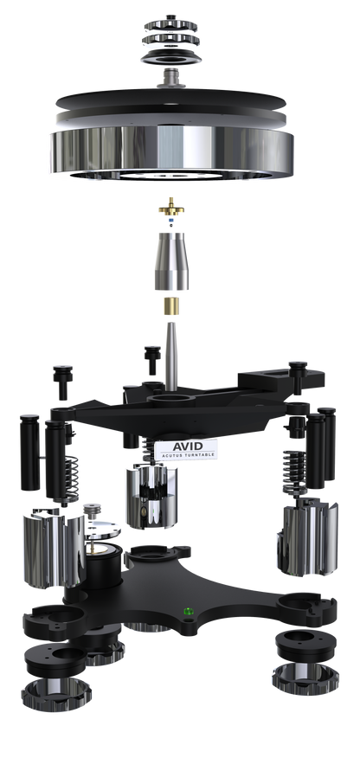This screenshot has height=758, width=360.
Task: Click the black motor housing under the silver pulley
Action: (x=105, y=567)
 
